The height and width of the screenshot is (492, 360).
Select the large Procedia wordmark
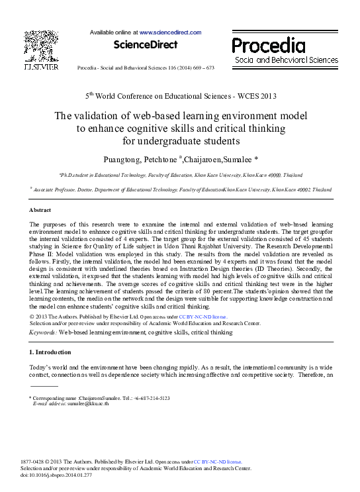point(268,46)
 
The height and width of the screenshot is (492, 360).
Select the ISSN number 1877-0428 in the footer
point(35,461)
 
